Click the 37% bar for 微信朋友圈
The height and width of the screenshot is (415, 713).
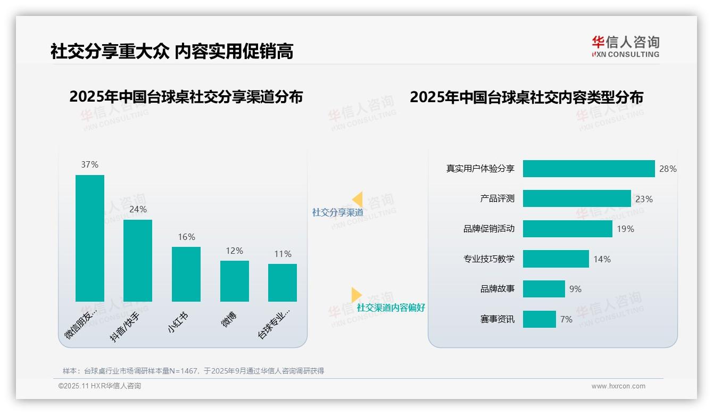(x=89, y=238)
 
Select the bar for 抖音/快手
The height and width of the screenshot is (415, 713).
(x=138, y=260)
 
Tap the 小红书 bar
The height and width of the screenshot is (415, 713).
(x=186, y=274)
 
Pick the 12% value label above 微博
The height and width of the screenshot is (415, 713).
(x=234, y=251)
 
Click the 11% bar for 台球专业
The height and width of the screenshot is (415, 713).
(x=283, y=283)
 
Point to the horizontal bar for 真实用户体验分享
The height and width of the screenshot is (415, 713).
(x=588, y=169)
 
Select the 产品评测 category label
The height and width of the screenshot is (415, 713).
(x=497, y=198)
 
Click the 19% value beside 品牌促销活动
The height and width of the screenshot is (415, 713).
(x=625, y=229)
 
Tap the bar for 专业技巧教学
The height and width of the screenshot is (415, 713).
(x=556, y=259)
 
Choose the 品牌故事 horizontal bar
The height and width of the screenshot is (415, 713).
(x=543, y=289)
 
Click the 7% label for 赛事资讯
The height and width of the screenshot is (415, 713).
(x=566, y=319)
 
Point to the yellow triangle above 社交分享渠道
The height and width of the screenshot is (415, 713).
(x=357, y=200)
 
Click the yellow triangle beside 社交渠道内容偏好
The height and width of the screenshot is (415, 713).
(x=356, y=295)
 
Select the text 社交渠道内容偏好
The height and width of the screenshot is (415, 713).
(x=391, y=308)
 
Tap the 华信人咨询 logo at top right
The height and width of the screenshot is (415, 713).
(x=625, y=46)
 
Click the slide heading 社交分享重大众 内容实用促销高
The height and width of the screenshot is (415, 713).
(x=172, y=51)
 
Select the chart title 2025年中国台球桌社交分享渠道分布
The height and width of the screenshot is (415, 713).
(x=186, y=97)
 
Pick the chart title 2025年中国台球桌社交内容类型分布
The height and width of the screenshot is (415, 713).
(x=526, y=97)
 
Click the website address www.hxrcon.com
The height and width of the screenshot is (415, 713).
(x=618, y=386)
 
